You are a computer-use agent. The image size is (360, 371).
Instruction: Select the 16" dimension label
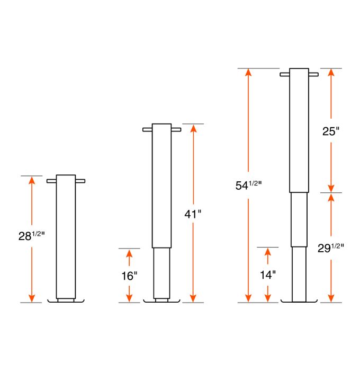129,275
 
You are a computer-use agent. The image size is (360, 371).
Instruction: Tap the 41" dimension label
193,214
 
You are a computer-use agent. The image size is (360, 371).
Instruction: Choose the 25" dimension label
330,131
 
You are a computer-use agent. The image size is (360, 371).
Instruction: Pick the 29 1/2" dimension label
330,247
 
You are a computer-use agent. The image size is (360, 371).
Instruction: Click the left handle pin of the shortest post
51,181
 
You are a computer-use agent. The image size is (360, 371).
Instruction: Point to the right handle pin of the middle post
176,129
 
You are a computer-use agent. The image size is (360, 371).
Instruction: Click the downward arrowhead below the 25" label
331,188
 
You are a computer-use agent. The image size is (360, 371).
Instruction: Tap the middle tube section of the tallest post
299,219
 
